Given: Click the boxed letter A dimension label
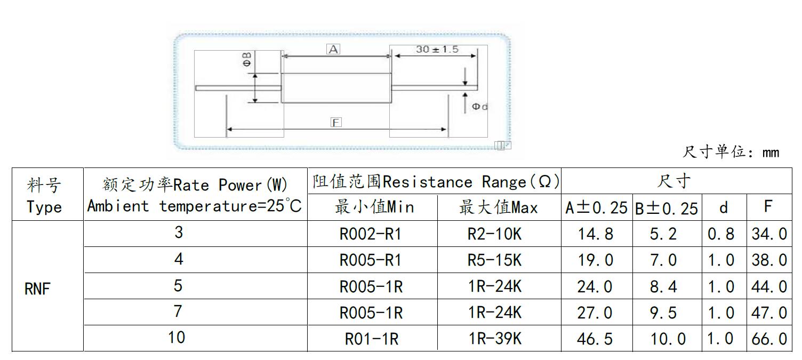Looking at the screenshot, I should pyautogui.click(x=333, y=49).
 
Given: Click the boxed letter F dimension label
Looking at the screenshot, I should pyautogui.click(x=336, y=123).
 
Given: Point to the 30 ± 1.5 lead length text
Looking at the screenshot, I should pyautogui.click(x=437, y=49).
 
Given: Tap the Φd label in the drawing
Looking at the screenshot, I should pyautogui.click(x=479, y=107).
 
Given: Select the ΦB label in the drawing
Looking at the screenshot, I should pyautogui.click(x=247, y=59).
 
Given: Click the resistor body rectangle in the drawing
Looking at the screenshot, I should pyautogui.click(x=336, y=87).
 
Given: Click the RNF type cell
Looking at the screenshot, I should pyautogui.click(x=37, y=289).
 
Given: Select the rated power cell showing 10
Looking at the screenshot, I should pyautogui.click(x=177, y=338).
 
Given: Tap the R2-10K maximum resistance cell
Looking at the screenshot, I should pyautogui.click(x=495, y=234).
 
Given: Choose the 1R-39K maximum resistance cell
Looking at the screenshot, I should pyautogui.click(x=495, y=339).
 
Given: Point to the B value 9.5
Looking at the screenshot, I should pyautogui.click(x=663, y=313).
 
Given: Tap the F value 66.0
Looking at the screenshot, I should pyautogui.click(x=769, y=339).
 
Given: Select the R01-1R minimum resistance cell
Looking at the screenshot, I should pyautogui.click(x=372, y=339).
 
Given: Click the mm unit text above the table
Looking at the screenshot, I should pyautogui.click(x=771, y=153).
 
